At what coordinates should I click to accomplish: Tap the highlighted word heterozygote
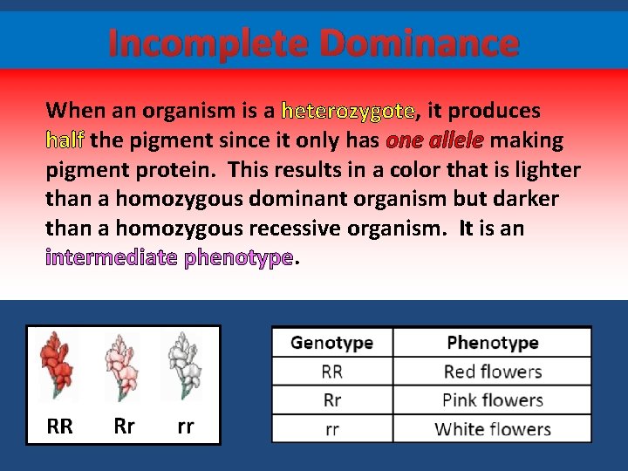(348, 111)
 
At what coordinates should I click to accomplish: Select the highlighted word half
(65, 140)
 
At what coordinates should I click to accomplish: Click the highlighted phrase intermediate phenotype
(168, 258)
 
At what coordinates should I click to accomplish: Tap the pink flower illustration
(121, 366)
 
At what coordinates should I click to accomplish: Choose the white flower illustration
(185, 366)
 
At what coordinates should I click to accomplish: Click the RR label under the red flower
(59, 427)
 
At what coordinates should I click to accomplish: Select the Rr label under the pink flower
(124, 427)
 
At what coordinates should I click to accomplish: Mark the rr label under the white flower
(185, 427)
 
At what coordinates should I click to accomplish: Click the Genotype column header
(331, 343)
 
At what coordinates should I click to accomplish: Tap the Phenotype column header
(492, 343)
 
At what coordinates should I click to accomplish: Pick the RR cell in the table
(331, 372)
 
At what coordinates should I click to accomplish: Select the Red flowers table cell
(492, 372)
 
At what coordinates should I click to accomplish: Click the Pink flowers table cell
(492, 401)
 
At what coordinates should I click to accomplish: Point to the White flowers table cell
(492, 429)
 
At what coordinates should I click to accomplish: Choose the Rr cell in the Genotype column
(331, 401)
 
